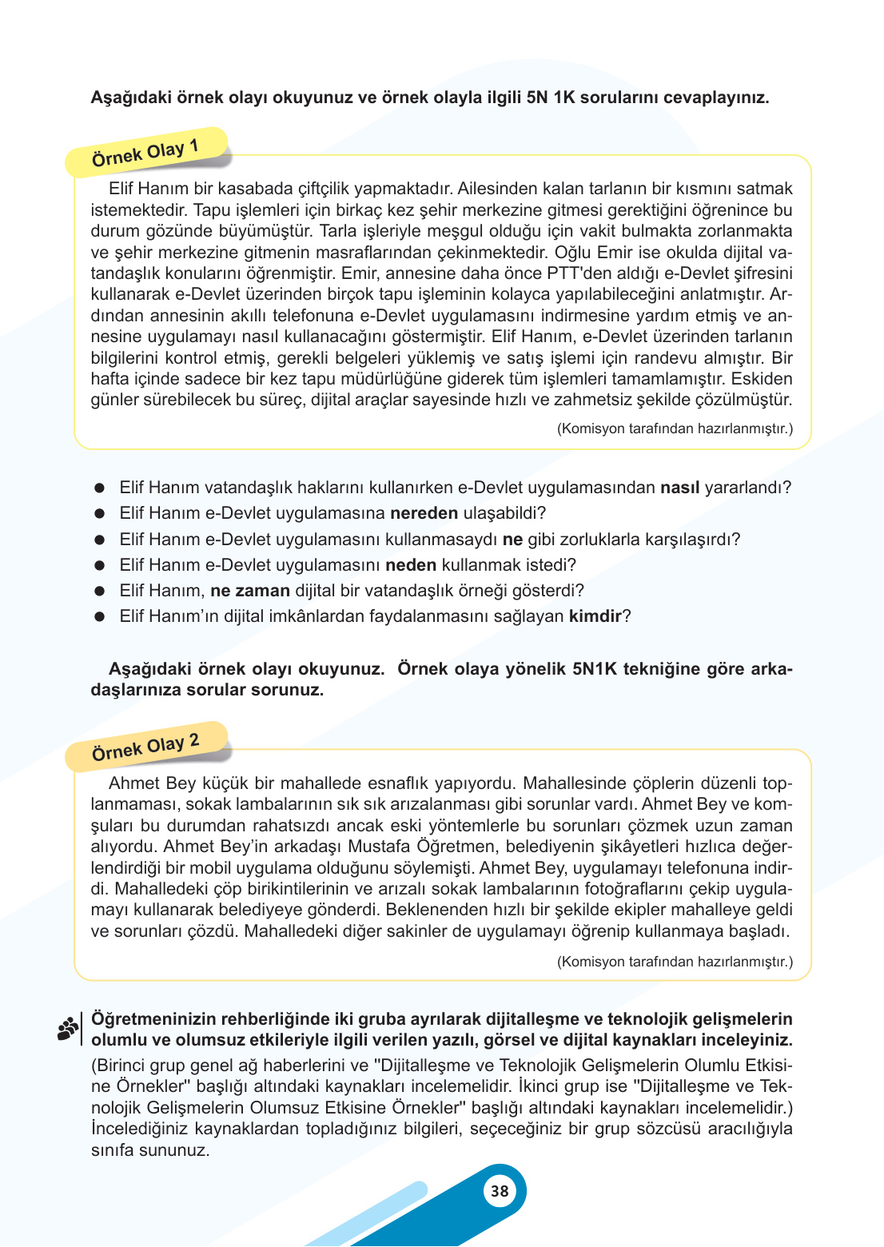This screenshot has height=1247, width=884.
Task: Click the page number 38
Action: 500,1191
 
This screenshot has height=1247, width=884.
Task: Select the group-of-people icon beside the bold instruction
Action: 68,1028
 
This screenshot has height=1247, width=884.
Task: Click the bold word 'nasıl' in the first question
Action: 679,488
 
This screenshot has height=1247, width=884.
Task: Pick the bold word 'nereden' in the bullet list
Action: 424,513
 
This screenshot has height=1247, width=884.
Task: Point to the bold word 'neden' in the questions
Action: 411,565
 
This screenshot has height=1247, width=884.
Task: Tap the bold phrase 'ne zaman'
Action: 250,591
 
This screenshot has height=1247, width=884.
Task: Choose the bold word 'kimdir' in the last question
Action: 595,616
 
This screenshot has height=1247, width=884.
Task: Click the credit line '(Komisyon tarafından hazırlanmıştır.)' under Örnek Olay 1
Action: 675,428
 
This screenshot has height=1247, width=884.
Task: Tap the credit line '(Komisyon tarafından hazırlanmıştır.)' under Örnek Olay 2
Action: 675,962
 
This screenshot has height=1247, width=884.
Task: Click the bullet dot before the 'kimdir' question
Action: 100,616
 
